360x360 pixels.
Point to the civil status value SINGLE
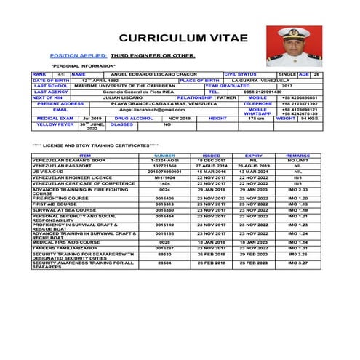pos(287,74)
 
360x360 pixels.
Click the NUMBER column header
pos(165,155)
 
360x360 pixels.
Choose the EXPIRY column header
pos(254,155)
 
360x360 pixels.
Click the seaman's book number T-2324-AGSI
pos(165,160)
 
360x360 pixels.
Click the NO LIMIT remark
pos(298,160)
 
